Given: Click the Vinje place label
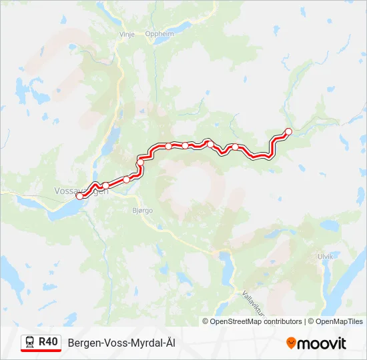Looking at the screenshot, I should [x=127, y=34].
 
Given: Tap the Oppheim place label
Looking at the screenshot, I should [x=159, y=34].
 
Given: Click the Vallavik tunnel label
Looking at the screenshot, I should [x=254, y=302].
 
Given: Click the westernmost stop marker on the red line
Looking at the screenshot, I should [x=80, y=196].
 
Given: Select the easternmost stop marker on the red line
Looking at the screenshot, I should [x=288, y=131].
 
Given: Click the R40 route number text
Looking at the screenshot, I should [x=48, y=342].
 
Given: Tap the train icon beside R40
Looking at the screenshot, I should [x=30, y=342].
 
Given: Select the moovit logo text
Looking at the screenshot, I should [x=322, y=343].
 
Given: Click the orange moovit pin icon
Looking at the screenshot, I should [x=291, y=343].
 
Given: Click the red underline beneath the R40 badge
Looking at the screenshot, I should [x=41, y=351].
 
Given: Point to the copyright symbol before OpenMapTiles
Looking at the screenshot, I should [x=311, y=321].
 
